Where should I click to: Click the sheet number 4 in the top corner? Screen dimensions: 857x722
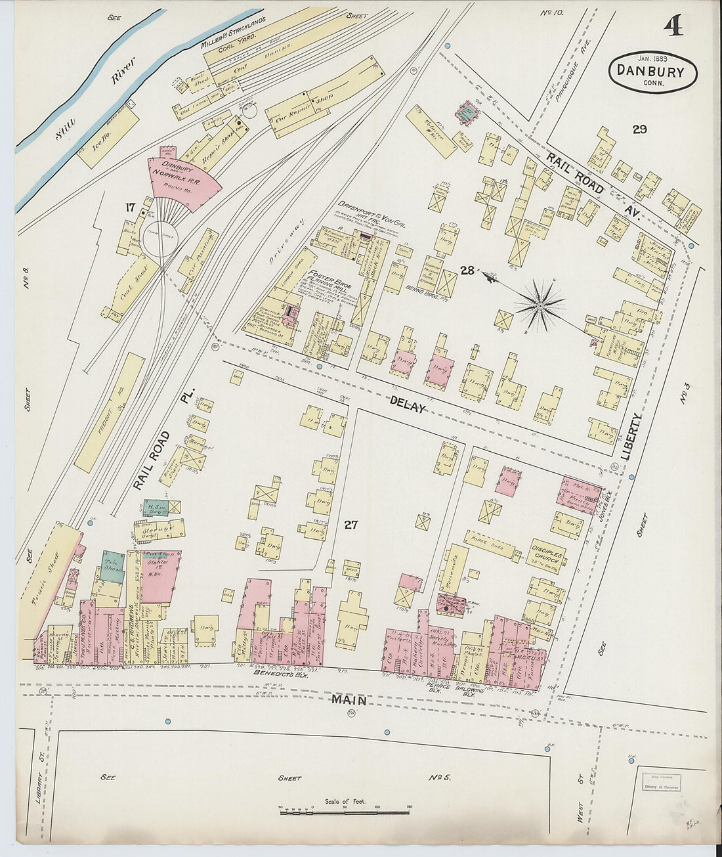pyautogui.click(x=672, y=27)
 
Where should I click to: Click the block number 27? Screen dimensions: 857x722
pyautogui.click(x=351, y=524)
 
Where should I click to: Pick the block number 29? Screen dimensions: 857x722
pyautogui.click(x=639, y=129)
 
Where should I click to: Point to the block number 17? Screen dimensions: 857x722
pyautogui.click(x=130, y=208)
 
